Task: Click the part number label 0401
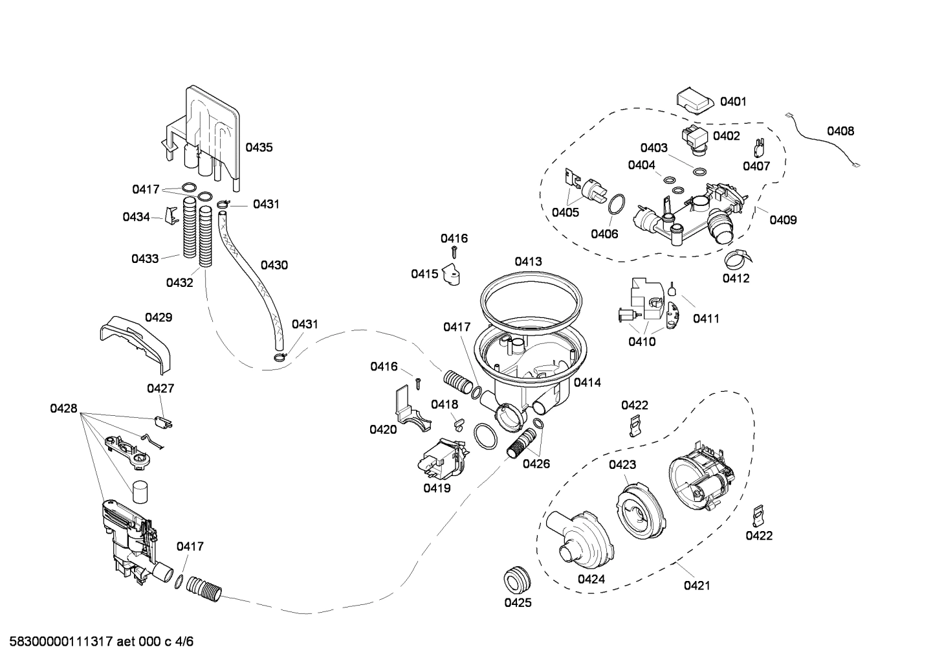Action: [x=733, y=101]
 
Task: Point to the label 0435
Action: [x=259, y=147]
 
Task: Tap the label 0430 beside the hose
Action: [x=274, y=265]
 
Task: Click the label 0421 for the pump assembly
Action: [x=696, y=586]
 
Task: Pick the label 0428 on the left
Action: [x=63, y=409]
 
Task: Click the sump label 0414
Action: [x=587, y=382]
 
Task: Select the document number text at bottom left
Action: [x=98, y=642]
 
